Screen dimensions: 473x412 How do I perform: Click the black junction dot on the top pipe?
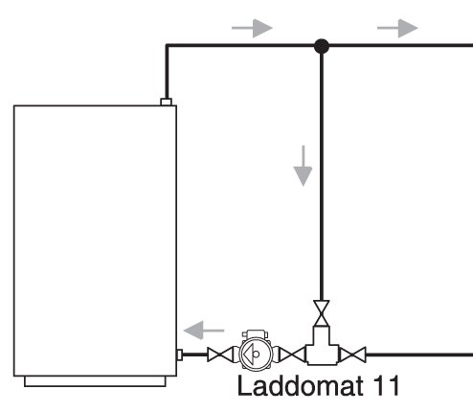point(322,46)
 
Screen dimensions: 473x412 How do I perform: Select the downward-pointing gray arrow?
point(303,166)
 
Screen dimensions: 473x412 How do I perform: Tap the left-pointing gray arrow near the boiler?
point(204,331)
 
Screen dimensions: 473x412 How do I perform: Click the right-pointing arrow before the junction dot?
point(252,28)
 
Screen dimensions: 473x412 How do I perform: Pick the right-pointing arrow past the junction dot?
point(397,28)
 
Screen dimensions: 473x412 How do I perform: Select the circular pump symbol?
point(256,354)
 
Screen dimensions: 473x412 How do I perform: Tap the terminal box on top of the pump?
point(255,334)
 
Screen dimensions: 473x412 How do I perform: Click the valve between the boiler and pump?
point(220,355)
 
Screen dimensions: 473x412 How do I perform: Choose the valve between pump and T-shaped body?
point(292,355)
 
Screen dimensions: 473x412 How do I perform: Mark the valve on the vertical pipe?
point(322,313)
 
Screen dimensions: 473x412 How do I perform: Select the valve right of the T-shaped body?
point(352,355)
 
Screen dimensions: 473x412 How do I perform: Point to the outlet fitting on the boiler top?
point(166,102)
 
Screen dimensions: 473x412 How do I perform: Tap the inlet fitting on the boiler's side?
point(180,355)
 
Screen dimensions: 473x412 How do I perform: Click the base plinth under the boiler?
point(95,381)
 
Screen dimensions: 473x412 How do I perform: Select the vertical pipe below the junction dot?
point(322,177)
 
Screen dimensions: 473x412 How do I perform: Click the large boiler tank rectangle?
point(95,240)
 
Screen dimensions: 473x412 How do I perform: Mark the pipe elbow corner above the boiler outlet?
point(167,46)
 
